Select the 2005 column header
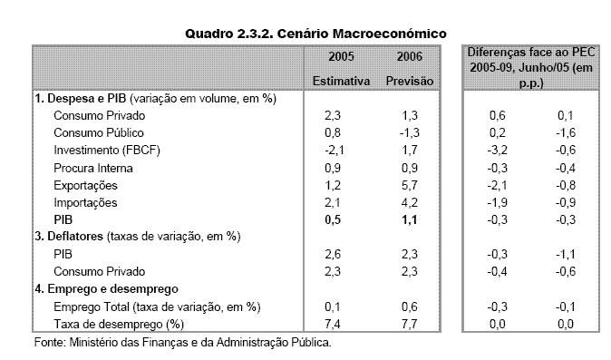click(x=335, y=58)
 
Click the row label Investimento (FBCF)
click(x=102, y=151)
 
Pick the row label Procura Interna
click(x=94, y=168)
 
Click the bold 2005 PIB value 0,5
click(x=337, y=219)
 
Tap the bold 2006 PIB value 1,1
click(x=408, y=219)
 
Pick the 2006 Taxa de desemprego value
click(x=408, y=324)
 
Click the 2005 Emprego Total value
click(x=337, y=306)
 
